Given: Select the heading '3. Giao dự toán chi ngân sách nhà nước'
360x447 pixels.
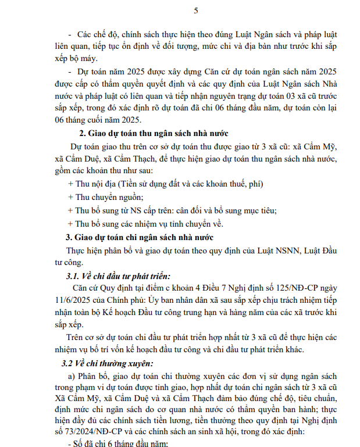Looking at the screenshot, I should tap(140, 237).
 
